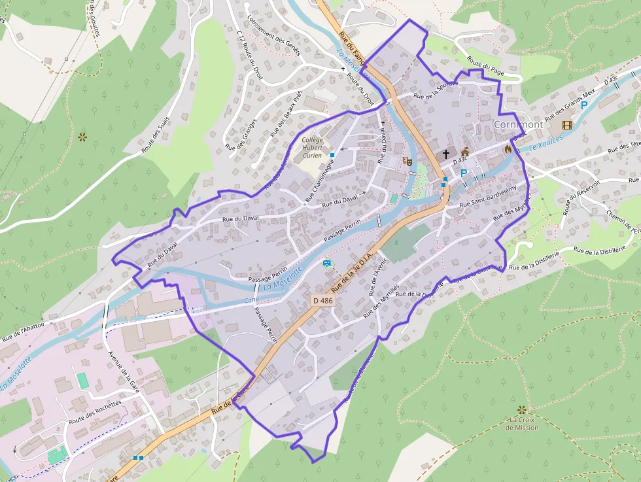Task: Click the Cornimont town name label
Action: tap(518, 124)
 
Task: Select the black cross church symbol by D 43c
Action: tap(446, 154)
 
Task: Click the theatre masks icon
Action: tap(407, 160)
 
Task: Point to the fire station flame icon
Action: tap(508, 149)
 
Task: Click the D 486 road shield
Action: tap(322, 300)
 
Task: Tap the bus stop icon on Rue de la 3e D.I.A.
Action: tap(326, 264)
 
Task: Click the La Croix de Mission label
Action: tap(522, 423)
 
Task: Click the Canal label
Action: tap(252, 301)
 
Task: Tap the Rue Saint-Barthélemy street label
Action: tap(488, 196)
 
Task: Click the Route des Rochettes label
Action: tap(95, 413)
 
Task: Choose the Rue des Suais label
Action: tap(156, 135)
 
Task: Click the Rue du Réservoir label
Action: tap(574, 198)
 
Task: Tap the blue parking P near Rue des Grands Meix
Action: tap(584, 105)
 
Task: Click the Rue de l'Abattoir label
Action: tap(27, 329)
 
